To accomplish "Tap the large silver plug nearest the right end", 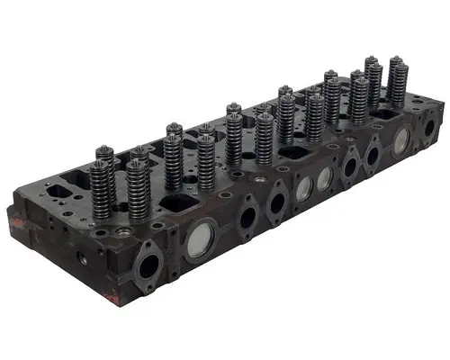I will pos(401,138).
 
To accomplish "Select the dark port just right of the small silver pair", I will pos(348,163).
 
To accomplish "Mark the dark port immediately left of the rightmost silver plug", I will pos(372,154).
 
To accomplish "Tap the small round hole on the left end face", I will pos(83,259).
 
